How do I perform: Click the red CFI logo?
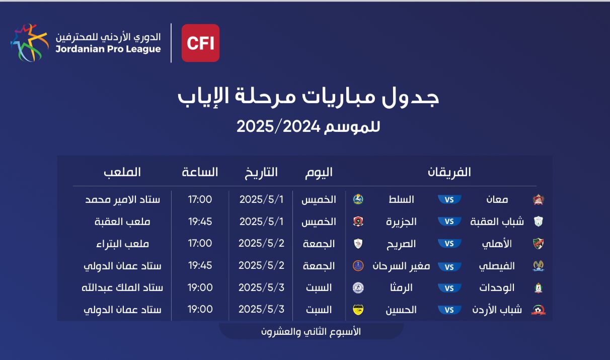coord(200,43)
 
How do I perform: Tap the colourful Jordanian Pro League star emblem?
coord(29,43)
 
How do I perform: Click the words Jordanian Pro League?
coord(108,49)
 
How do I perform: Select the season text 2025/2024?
coord(278,126)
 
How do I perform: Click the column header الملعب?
coord(122,172)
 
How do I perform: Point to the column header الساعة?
coord(200,172)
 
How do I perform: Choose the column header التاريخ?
coord(261,173)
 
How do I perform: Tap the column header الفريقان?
coord(449,172)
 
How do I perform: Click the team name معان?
coord(497,200)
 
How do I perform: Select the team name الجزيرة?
coord(401,222)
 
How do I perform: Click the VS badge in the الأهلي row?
coord(449,244)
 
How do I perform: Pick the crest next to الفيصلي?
coord(539,266)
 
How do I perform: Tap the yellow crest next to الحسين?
coord(358,310)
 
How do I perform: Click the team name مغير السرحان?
coord(401,266)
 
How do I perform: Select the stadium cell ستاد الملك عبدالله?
coord(122,288)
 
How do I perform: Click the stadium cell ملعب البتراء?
coord(122,244)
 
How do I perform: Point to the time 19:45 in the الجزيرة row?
coord(200,222)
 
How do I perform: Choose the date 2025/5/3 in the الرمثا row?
coord(261,287)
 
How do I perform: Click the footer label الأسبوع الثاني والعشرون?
coord(311,332)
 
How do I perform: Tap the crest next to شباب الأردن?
coord(539,310)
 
